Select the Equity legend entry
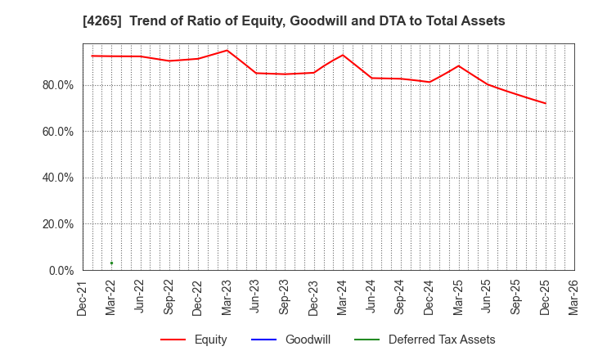click(x=210, y=340)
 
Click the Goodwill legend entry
click(x=308, y=340)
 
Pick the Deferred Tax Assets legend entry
click(x=442, y=340)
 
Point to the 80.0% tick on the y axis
click(x=57, y=85)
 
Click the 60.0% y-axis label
click(x=57, y=132)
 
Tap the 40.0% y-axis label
click(x=57, y=178)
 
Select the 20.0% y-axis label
click(x=57, y=224)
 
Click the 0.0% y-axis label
click(x=61, y=270)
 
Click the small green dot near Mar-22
click(x=111, y=263)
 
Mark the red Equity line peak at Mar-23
click(x=227, y=51)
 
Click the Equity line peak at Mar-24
click(x=343, y=55)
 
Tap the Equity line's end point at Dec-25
click(x=545, y=103)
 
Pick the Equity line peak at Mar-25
click(x=458, y=66)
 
